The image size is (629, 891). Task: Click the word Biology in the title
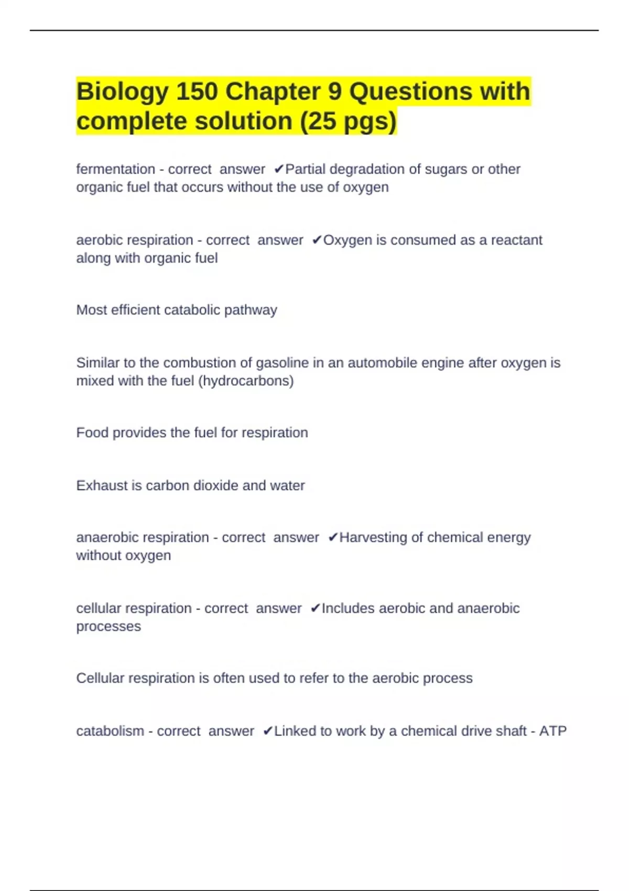tap(122, 92)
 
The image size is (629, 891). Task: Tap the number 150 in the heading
tap(197, 92)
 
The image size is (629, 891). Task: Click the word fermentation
tap(115, 169)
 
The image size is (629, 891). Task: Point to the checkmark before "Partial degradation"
tap(279, 169)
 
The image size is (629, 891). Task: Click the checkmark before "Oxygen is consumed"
tap(317, 240)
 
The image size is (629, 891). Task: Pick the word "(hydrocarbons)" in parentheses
tap(246, 381)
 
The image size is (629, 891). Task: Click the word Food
tap(92, 432)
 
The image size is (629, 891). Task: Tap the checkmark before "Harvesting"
tap(333, 538)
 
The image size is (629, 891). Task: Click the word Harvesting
tap(374, 538)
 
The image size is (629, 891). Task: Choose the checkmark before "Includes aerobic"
tap(315, 609)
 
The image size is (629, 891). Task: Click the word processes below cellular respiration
tap(109, 626)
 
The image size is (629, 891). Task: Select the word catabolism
tap(110, 731)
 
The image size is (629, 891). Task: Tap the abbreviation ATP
tap(553, 731)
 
